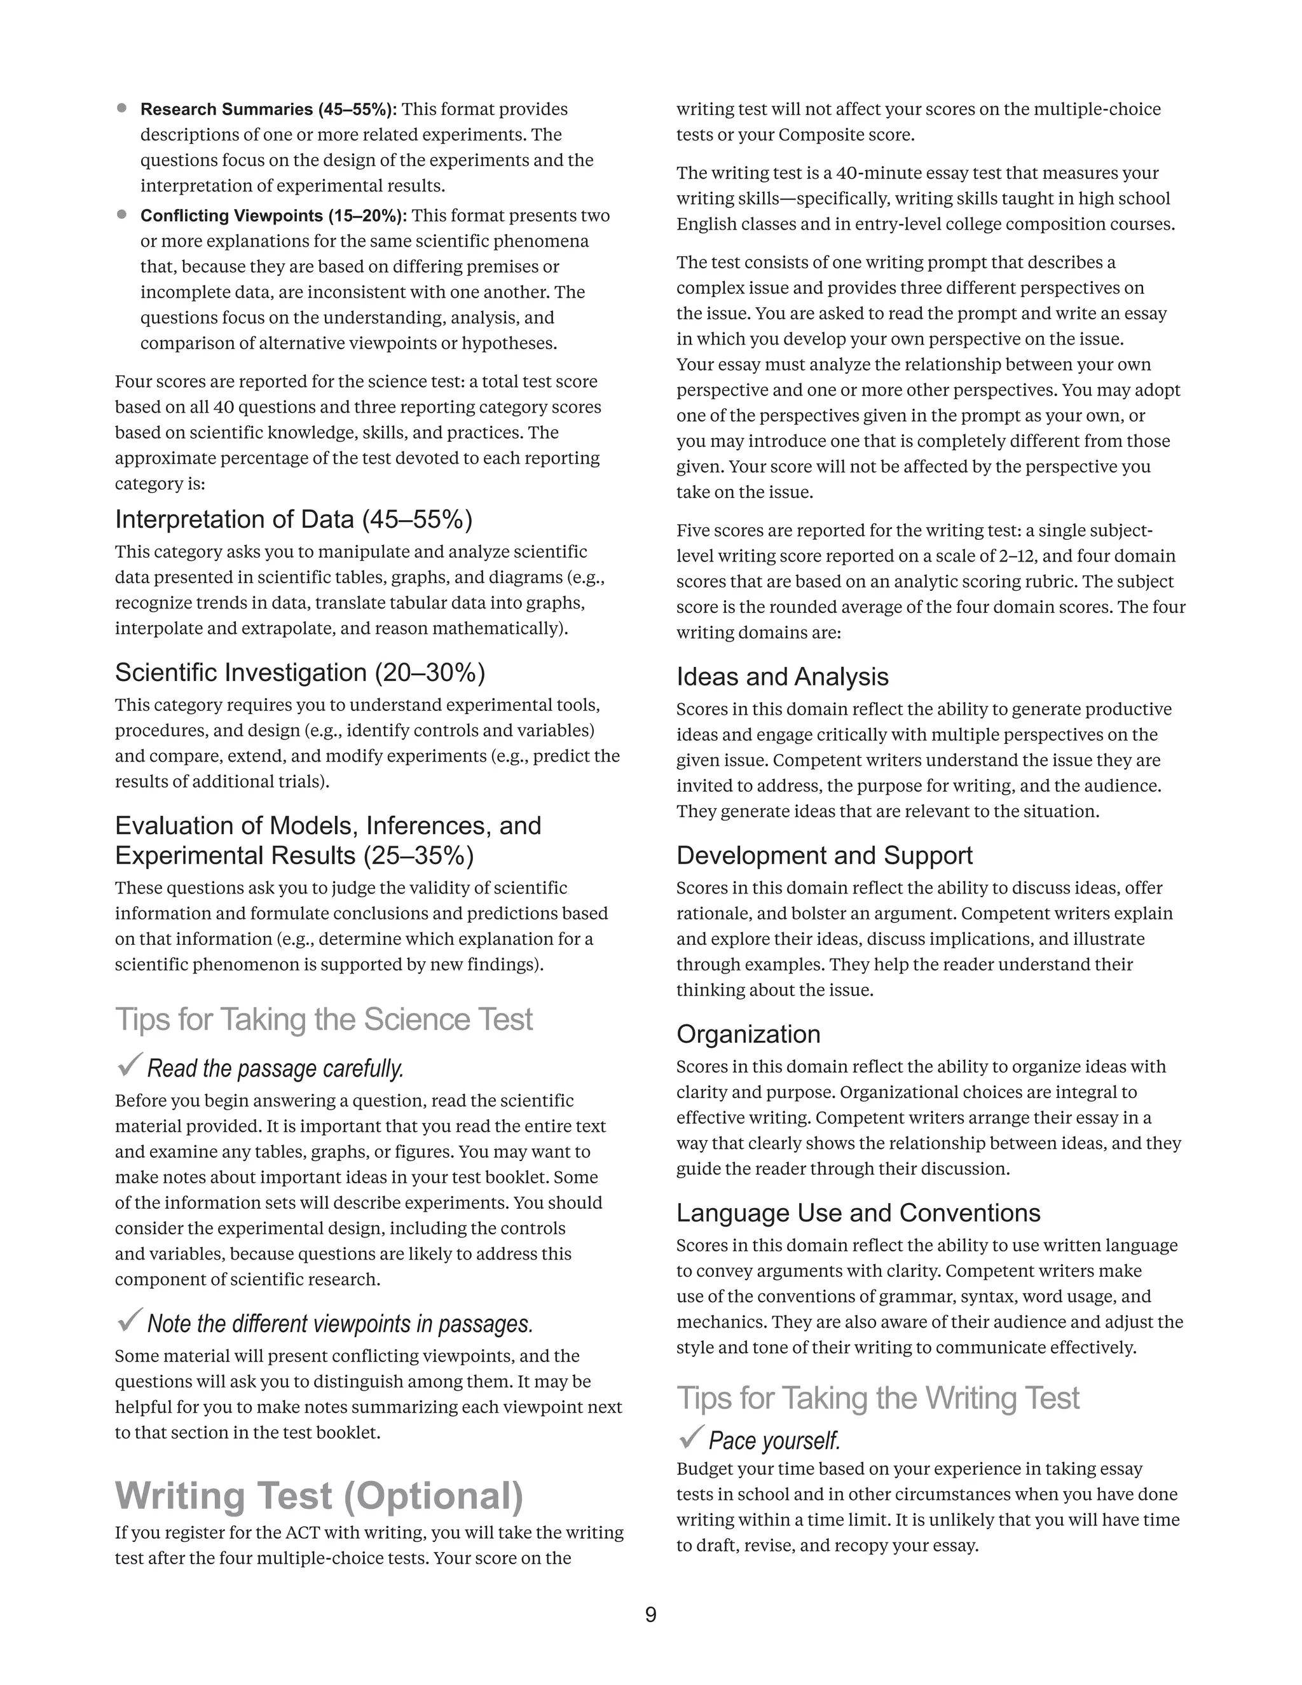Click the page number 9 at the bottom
pos(650,1614)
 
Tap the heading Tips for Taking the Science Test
pos(324,1019)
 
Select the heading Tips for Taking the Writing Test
pos(878,1398)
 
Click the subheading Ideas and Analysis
pos(782,677)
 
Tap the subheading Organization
pos(748,1034)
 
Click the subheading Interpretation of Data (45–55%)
pos(293,519)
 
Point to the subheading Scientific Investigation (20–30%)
pos(299,672)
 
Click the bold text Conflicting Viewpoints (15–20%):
pos(273,216)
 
